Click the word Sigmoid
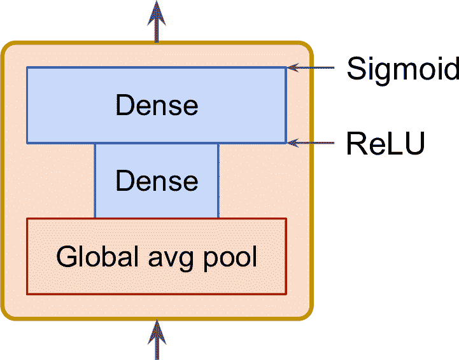[402, 69]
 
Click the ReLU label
[385, 144]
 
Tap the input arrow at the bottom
[157, 340]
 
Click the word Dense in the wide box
[157, 105]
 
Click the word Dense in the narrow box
[157, 181]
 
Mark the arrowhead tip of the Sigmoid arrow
[288, 67]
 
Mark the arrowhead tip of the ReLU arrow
[288, 143]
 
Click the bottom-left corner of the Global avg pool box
[27, 294]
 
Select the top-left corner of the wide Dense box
[27, 67]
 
